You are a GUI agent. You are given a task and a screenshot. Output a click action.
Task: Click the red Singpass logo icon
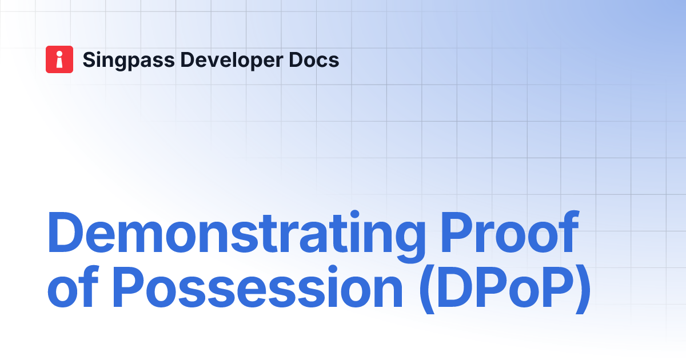(59, 59)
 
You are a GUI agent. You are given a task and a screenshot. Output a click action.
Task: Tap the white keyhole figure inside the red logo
(59, 59)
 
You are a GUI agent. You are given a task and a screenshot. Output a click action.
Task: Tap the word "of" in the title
(73, 291)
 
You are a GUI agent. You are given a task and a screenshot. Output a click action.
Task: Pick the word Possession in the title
(258, 291)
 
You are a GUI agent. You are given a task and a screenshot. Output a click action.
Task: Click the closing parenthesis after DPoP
(581, 293)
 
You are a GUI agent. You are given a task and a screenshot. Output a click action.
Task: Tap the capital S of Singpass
(90, 59)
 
